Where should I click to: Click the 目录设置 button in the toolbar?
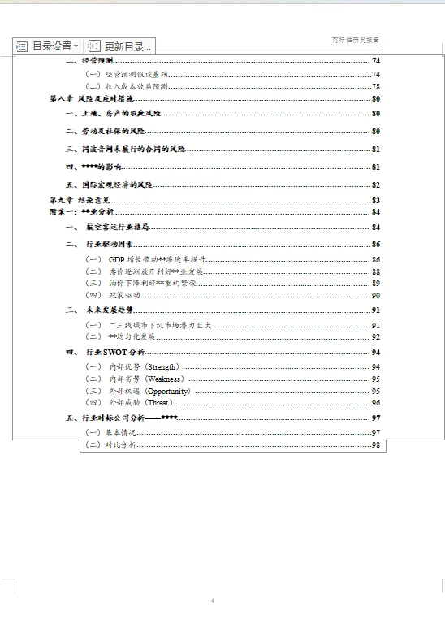coord(48,46)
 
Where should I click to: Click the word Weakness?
coord(165,379)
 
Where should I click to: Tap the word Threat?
coord(158,402)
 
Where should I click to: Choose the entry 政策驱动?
coord(125,295)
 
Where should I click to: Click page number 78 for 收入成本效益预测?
coord(376,86)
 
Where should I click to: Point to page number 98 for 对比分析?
coord(376,445)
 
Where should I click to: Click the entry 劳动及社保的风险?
coord(114,131)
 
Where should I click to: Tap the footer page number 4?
coord(213,600)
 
